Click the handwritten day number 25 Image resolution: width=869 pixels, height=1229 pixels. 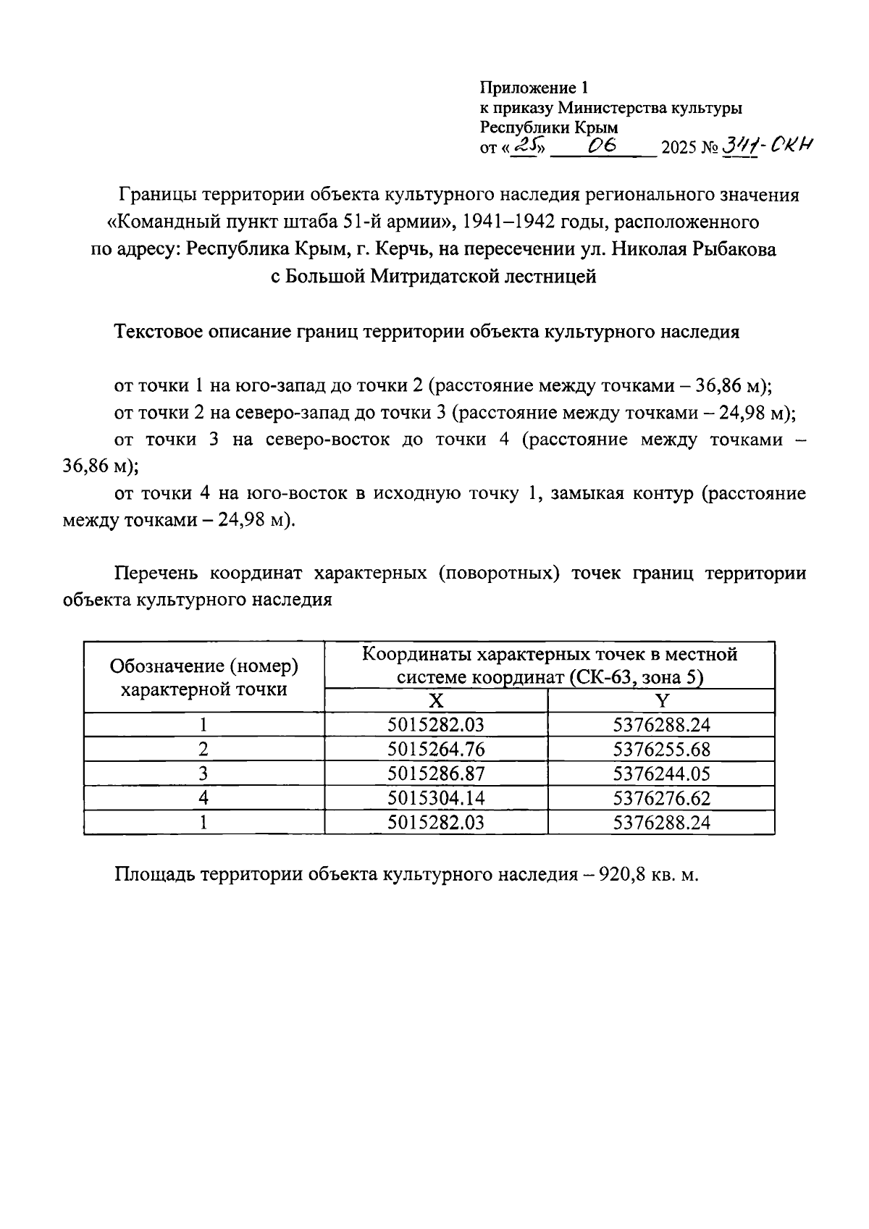[526, 146]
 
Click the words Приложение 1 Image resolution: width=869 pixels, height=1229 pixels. [534, 89]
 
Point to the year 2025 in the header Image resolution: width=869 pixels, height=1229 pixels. [678, 148]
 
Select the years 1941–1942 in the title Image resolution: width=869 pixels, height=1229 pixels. [511, 221]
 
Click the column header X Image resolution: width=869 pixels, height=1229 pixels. [435, 701]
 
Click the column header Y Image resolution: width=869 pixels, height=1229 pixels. [661, 701]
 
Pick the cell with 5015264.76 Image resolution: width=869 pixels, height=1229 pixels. [436, 750]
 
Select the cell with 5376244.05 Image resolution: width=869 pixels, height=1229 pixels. [661, 774]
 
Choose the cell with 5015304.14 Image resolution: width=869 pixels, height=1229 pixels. [436, 798]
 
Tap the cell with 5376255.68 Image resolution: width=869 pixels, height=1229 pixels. [661, 750]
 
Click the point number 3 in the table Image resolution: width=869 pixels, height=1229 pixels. [203, 774]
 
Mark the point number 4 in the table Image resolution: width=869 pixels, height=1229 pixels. [203, 798]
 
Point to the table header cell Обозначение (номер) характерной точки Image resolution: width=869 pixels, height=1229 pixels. [203, 677]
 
